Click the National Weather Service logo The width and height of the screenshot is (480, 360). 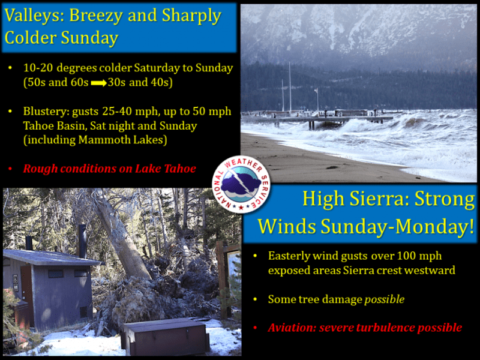pos(241,185)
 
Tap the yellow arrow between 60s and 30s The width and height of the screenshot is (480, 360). pos(98,83)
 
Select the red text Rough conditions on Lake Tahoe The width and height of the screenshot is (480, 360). pos(110,169)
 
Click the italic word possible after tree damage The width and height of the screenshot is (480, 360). pos(385,299)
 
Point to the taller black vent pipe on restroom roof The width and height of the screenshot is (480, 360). pos(82,241)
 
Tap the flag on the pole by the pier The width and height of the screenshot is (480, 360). pos(316,91)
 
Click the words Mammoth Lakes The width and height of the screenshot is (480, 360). pos(122,140)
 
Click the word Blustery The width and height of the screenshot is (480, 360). pos(46,112)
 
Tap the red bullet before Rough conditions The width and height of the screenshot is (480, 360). pos(10,169)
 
